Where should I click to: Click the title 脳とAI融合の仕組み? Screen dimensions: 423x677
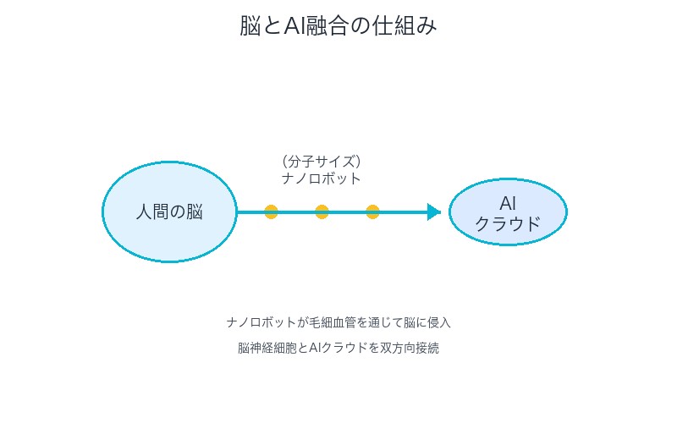tap(338, 26)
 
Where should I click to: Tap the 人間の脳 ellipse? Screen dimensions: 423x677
tap(169, 211)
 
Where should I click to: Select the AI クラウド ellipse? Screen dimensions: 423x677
tap(508, 211)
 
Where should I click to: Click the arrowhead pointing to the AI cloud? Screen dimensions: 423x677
tap(434, 211)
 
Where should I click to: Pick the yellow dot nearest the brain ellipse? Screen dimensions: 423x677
tap(271, 211)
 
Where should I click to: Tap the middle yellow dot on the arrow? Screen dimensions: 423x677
tap(322, 211)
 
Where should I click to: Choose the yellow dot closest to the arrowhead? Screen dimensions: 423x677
tap(372, 211)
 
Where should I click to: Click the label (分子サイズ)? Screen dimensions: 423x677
tap(322, 161)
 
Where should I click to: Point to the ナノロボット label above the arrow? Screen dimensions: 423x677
tap(322, 179)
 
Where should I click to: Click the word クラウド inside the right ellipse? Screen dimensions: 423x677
tap(508, 224)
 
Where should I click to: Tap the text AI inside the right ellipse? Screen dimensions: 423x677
tap(508, 203)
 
